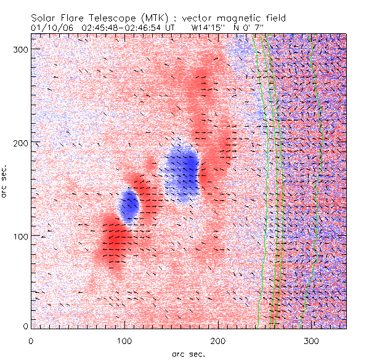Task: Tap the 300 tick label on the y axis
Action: pos(18,49)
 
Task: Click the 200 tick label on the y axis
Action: pos(18,142)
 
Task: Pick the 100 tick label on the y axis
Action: pos(18,236)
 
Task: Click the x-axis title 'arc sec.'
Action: pos(188,353)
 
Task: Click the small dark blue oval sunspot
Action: pos(129,206)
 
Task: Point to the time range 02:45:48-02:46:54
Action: pos(123,28)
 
